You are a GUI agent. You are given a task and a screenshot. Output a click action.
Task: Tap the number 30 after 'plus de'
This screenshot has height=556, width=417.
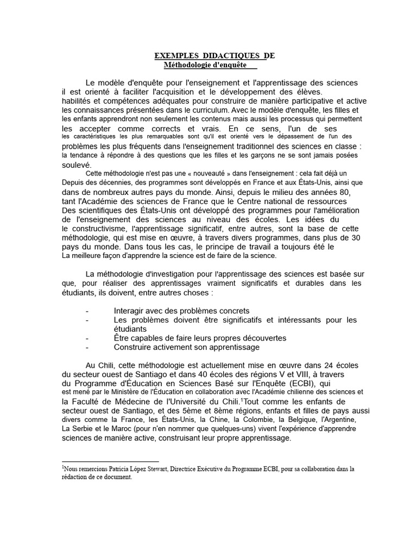[356, 237]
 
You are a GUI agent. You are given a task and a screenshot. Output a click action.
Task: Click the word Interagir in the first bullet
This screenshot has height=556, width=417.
[131, 311]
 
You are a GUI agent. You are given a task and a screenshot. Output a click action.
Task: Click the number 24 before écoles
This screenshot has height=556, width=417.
[325, 365]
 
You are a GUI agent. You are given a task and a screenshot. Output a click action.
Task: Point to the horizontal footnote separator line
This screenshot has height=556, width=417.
[110, 461]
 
